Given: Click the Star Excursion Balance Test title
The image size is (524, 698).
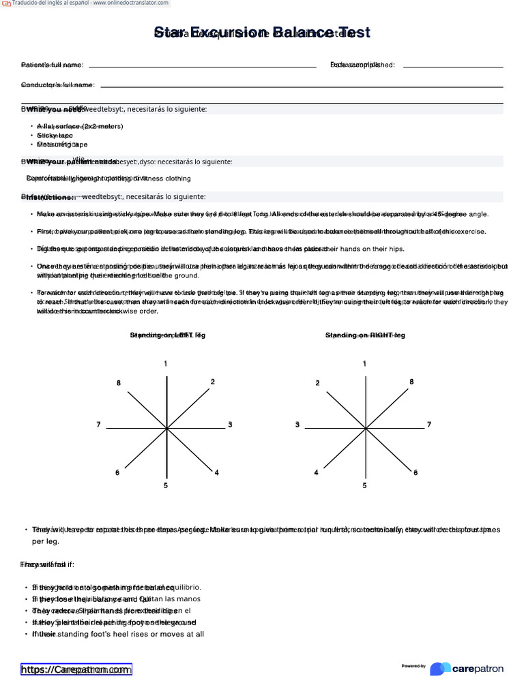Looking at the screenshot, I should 262,33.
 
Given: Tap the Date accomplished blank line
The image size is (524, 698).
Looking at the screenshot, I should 453,67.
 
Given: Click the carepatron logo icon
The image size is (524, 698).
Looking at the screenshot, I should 440,669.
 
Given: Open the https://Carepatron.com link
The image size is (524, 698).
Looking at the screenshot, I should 76,669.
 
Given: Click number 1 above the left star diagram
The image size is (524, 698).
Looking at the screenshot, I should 165,364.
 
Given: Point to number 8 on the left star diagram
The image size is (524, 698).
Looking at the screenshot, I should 119,383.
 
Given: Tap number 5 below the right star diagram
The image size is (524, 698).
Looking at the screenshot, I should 364,485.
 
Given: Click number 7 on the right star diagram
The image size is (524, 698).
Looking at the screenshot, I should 429,425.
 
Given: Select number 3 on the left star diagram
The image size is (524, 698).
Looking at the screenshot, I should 230,425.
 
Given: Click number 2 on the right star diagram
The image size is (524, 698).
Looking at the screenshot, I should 317,383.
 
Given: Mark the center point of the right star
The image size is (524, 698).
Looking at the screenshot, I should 364,428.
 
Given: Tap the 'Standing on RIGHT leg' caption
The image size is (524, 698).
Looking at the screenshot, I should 365,335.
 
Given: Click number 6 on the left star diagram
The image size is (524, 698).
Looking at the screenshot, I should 117,472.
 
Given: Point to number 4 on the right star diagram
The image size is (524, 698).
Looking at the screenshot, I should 316,472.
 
